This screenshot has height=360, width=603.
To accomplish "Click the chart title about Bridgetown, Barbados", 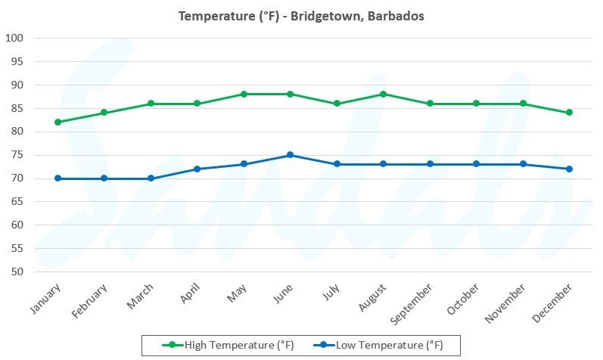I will pyautogui.click(x=301, y=15).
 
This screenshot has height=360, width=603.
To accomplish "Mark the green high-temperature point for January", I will pyautogui.click(x=58, y=122).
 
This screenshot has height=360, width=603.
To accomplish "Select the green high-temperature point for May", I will pyautogui.click(x=244, y=94).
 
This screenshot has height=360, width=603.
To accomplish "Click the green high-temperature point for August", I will pyautogui.click(x=384, y=94).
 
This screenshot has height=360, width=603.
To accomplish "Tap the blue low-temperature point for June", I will pyautogui.click(x=291, y=155).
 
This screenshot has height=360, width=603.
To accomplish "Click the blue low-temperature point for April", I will pyautogui.click(x=197, y=169).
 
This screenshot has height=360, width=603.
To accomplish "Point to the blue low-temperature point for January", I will pyautogui.click(x=58, y=178).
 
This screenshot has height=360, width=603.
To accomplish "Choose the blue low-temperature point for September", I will pyautogui.click(x=430, y=164).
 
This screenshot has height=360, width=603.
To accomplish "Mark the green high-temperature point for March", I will pyautogui.click(x=151, y=104).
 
